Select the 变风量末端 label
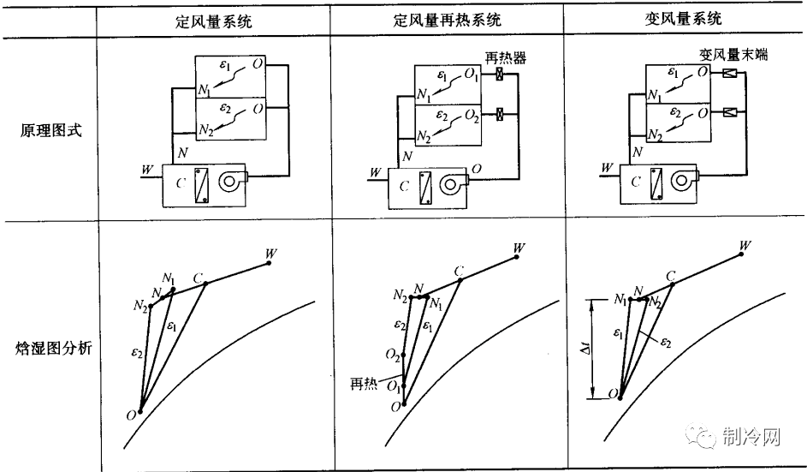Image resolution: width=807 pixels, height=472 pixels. tap(733, 54)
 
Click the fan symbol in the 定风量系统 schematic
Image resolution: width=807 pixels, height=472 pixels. tap(232, 182)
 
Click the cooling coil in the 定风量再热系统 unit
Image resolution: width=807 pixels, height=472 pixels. tap(425, 188)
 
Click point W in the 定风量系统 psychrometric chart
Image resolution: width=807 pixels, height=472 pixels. tap(270, 262)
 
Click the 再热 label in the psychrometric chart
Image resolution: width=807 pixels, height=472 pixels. tap(364, 382)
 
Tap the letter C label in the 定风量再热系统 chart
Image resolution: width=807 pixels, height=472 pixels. tap(459, 272)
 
